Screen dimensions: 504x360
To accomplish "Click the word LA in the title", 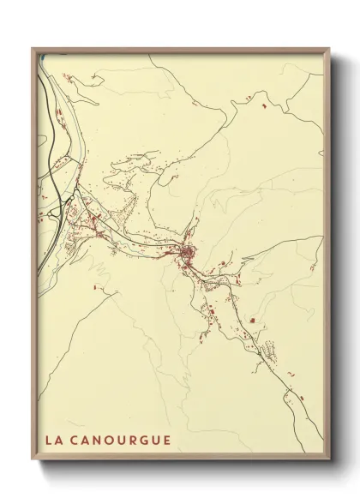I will pos(54,441).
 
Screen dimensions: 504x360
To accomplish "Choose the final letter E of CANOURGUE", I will pos(168,441).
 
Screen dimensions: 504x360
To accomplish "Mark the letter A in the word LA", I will pos(59,441).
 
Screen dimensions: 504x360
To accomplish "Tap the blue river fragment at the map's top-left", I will pos(39,58).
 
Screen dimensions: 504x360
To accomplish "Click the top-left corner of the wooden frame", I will pos(33,49).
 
